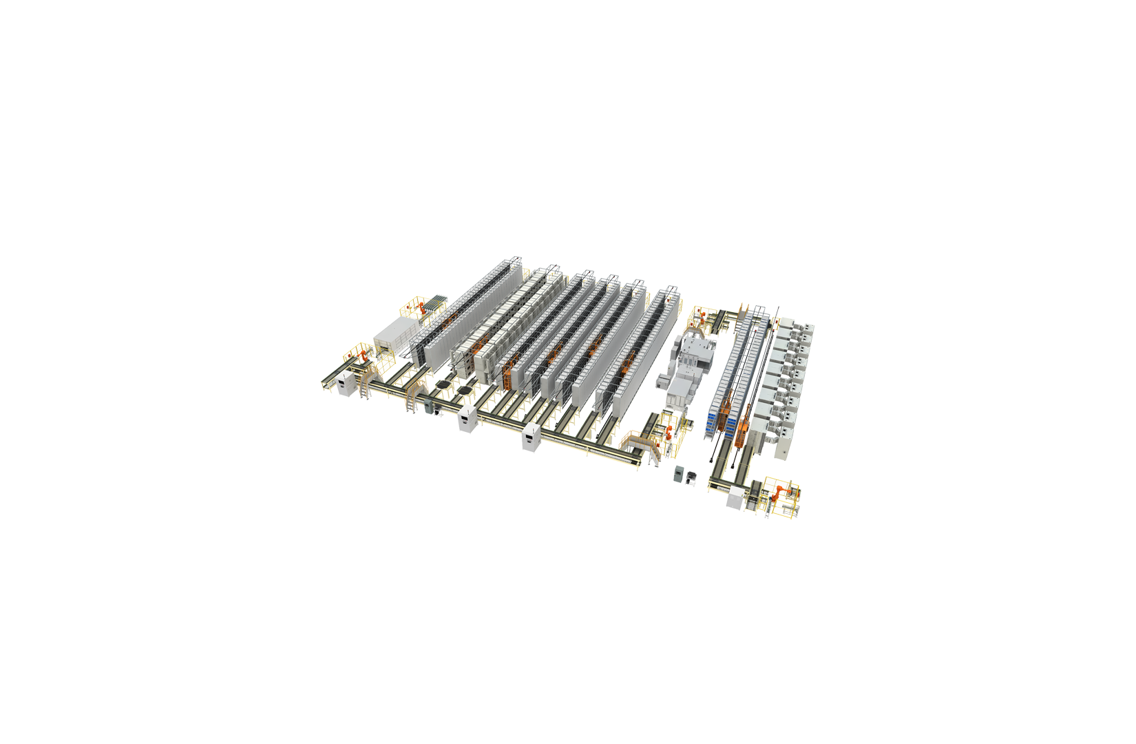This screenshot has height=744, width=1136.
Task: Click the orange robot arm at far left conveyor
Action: (360, 357)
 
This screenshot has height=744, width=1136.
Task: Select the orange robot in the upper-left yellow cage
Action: (418, 308)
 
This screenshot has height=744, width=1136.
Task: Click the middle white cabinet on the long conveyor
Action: (467, 416)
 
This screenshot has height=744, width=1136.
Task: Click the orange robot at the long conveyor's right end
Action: (667, 433)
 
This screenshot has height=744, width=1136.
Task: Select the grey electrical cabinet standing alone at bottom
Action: (682, 475)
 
